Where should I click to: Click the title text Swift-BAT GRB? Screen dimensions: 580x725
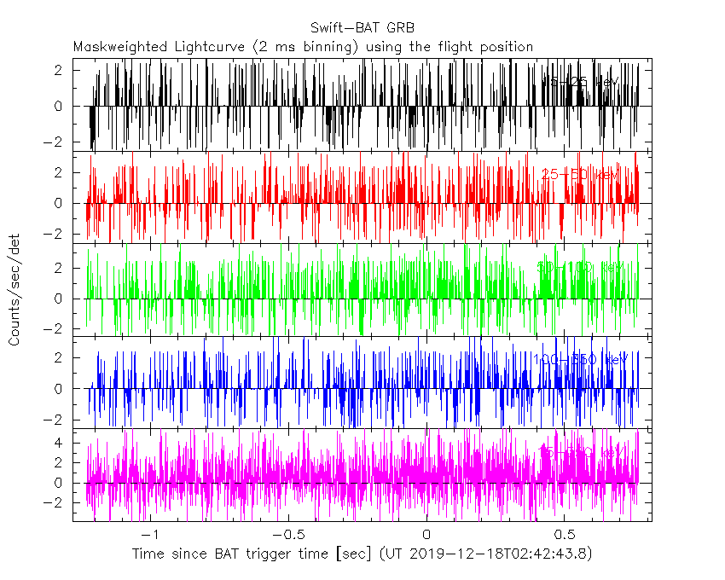point(362,27)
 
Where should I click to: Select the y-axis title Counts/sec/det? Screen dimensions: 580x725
point(14,290)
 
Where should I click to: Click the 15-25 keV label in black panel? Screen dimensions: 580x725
point(579,82)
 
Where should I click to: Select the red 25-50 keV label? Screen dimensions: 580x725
point(579,175)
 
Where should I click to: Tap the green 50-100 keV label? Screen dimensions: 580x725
point(577,268)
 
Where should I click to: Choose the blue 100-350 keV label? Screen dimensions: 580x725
point(579,360)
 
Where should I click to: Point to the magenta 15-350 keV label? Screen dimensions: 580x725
point(583,452)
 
